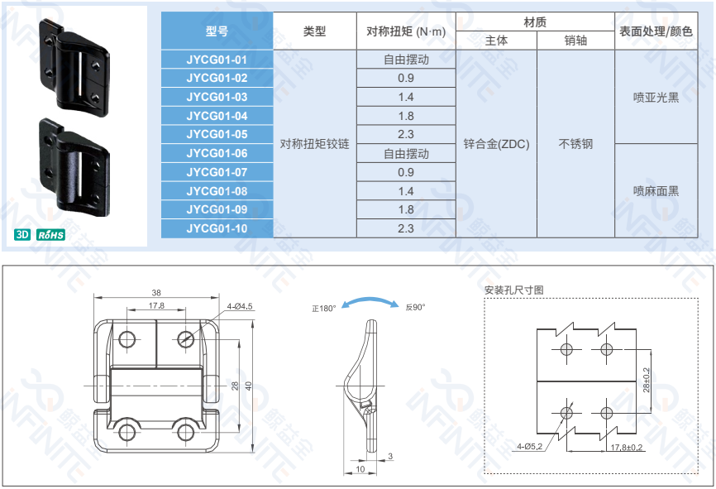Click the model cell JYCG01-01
[x=217, y=60]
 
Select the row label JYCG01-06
[x=217, y=153]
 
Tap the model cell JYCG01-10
[x=217, y=228]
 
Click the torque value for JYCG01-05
[x=406, y=134]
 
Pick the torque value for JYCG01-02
[x=406, y=78]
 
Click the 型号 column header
[x=217, y=31]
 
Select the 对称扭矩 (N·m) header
[x=406, y=31]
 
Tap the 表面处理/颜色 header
[x=656, y=31]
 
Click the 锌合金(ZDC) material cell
[x=496, y=144]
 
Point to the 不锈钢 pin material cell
[x=575, y=144]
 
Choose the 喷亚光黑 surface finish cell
[x=656, y=98]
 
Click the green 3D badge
[x=22, y=234]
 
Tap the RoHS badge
[x=50, y=235]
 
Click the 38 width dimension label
[x=156, y=292]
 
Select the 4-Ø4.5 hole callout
[x=240, y=306]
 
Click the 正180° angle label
[x=324, y=309]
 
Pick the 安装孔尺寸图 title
[x=513, y=290]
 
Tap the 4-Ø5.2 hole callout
[x=530, y=447]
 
